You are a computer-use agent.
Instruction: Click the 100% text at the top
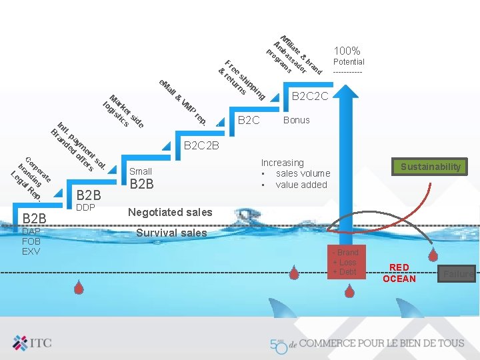pos(347,51)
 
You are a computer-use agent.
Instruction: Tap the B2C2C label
pos(310,97)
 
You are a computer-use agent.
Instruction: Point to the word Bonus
pos(296,120)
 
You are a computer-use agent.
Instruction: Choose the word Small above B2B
pos(141,171)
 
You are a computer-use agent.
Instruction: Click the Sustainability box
pos(430,167)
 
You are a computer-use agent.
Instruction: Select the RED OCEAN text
pos(399,273)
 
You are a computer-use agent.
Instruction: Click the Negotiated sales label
pos(170,212)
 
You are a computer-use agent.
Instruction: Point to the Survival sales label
pos(171,233)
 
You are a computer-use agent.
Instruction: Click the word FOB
pos(32,241)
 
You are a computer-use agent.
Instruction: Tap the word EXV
pos(31,251)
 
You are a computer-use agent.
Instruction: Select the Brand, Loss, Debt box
pos(347,262)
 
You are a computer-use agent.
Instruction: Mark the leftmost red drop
pos(79,287)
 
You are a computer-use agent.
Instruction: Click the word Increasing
pos(282,163)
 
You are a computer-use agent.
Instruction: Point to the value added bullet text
pos(301,185)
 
